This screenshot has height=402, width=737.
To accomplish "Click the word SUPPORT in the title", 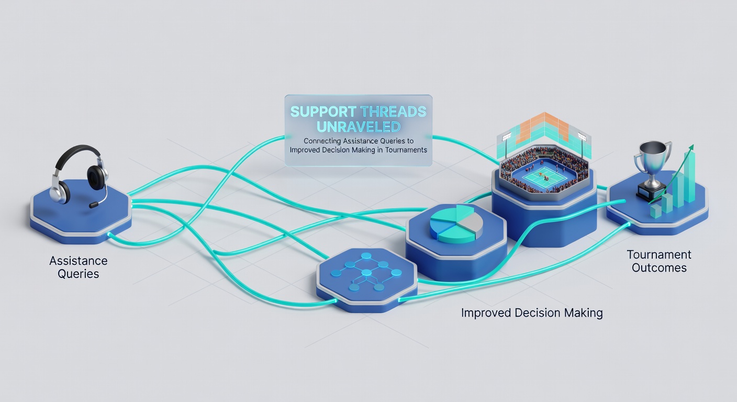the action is coord(323,112).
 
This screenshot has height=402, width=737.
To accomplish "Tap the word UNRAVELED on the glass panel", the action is coord(359,127).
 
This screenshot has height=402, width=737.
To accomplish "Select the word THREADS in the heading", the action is coord(394,112).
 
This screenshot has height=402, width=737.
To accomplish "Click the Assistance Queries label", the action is coord(79,267).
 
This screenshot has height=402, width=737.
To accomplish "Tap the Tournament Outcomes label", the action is coord(658,261).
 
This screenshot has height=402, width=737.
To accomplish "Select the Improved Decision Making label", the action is coord(532,312).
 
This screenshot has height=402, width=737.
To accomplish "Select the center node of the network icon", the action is coord(366,273).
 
